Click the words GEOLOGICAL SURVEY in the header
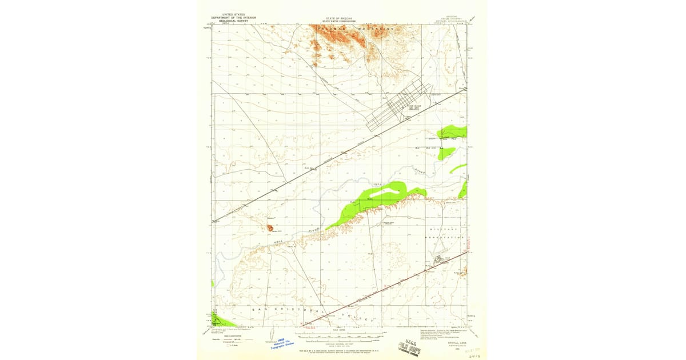coord(233,20)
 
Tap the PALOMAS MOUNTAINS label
coord(349,27)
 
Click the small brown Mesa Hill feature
coord(269,229)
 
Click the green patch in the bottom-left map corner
coord(220,321)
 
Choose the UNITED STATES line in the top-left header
coord(233,14)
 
